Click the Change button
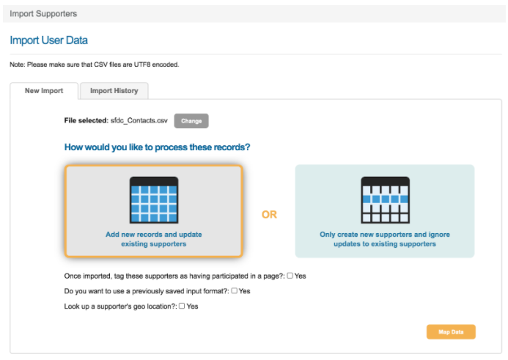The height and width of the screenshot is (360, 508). click(x=191, y=121)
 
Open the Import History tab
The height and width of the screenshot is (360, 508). click(x=114, y=91)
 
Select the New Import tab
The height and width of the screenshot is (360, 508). click(x=44, y=91)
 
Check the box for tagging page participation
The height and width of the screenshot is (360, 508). click(x=290, y=276)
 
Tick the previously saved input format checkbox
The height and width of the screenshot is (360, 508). click(x=235, y=290)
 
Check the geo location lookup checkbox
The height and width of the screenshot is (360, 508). click(x=182, y=306)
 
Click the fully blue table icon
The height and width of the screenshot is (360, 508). click(x=154, y=200)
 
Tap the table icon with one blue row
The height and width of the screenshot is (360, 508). click(x=385, y=200)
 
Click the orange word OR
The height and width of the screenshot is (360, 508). click(x=269, y=215)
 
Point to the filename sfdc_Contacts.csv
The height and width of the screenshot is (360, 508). click(x=139, y=120)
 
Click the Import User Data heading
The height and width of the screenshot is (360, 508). click(x=49, y=40)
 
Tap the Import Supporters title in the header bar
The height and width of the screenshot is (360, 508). click(x=43, y=14)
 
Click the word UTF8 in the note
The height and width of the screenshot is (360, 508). click(x=142, y=65)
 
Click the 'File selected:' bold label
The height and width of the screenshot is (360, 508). click(x=86, y=120)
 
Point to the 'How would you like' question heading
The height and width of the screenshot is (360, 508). click(x=157, y=147)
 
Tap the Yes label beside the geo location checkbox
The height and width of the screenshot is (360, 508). click(x=193, y=306)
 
